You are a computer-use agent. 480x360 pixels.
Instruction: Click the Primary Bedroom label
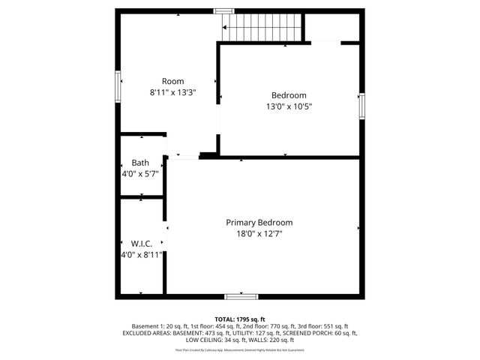click(259, 223)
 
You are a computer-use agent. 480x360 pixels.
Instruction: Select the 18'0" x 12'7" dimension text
click(259, 234)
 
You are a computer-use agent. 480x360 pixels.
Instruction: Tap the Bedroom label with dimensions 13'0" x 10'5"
click(289, 95)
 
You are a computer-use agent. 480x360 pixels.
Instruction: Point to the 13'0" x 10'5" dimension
click(289, 106)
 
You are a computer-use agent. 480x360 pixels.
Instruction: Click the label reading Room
click(172, 81)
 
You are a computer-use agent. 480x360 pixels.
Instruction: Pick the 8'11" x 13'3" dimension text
click(172, 92)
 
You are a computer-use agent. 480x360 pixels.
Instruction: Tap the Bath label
click(140, 163)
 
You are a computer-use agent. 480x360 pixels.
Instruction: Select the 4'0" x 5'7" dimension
click(140, 174)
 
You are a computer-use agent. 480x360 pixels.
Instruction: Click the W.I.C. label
click(142, 244)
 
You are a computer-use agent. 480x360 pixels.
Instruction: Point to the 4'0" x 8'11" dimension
click(142, 255)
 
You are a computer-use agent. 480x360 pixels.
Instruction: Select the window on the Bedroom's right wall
click(361, 105)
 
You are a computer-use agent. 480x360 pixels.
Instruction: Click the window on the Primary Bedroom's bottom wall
click(241, 295)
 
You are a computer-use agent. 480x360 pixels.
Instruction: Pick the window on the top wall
click(223, 10)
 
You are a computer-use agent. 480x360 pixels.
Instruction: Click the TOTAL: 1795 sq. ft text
click(240, 319)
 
